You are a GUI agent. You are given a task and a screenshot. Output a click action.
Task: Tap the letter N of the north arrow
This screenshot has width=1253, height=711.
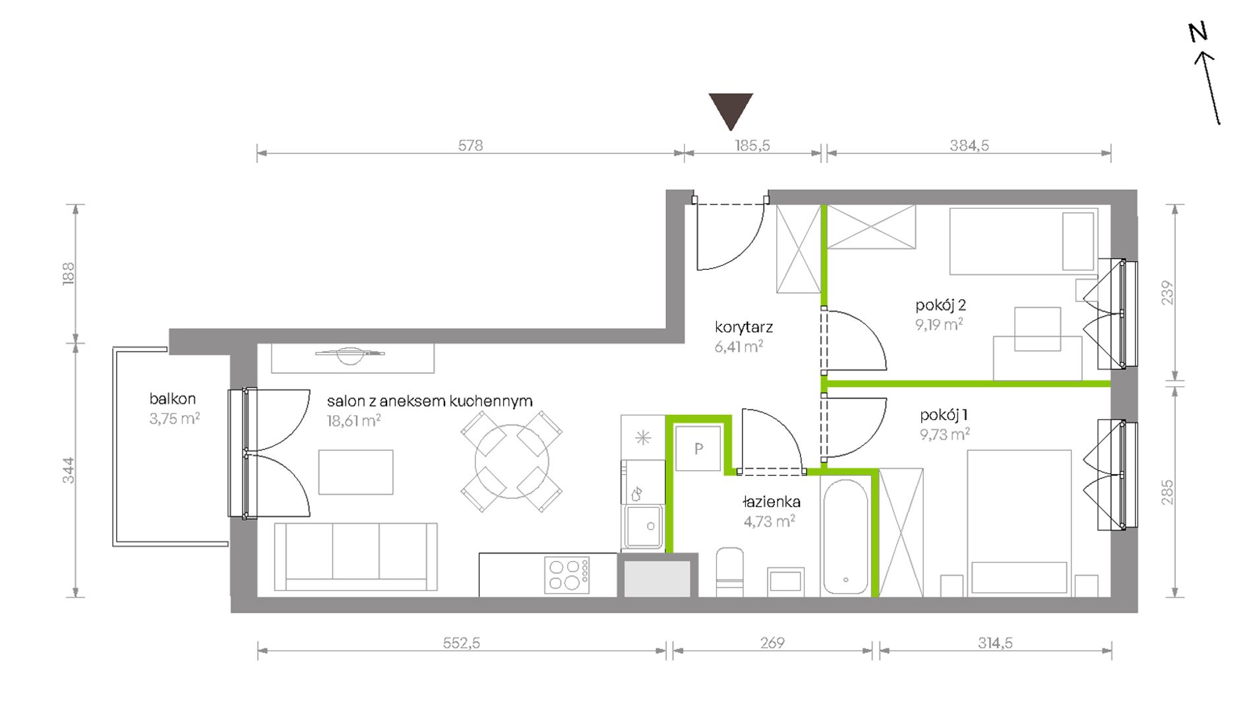(1198, 32)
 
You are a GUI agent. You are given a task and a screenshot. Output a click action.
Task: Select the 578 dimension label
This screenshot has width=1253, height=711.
(470, 145)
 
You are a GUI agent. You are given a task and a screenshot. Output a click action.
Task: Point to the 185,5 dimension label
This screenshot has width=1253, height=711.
(752, 145)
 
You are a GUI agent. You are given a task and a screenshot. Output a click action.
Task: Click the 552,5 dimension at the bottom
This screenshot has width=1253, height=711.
(462, 642)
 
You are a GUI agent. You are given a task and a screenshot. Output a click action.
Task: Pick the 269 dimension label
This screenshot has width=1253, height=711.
(772, 642)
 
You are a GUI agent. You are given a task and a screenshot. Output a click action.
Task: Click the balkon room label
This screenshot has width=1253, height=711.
(172, 398)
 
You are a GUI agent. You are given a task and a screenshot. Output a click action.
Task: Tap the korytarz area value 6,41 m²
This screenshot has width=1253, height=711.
(739, 346)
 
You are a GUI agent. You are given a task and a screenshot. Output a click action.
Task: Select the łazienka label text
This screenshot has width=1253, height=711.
(772, 502)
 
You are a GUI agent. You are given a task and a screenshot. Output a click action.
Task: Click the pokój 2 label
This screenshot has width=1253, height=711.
(940, 305)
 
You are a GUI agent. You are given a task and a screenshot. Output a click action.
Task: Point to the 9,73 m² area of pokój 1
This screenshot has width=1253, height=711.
(944, 434)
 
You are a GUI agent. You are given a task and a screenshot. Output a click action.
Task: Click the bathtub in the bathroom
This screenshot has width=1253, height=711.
(845, 536)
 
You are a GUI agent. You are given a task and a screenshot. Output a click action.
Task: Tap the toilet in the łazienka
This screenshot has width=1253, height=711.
(729, 571)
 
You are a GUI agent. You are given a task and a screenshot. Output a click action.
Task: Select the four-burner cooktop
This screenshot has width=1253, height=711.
(567, 574)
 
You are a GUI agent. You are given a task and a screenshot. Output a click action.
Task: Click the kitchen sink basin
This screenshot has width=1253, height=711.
(644, 526)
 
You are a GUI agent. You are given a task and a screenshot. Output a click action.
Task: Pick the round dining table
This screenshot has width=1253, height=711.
(512, 461)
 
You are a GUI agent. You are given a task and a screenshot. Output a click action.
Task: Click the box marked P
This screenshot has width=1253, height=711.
(698, 448)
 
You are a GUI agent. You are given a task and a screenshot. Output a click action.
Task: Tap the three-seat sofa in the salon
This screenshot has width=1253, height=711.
(355, 557)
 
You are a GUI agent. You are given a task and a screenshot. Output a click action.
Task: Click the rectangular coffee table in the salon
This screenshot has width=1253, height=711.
(356, 472)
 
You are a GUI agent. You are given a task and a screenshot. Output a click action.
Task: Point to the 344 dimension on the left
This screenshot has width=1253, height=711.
(69, 470)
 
